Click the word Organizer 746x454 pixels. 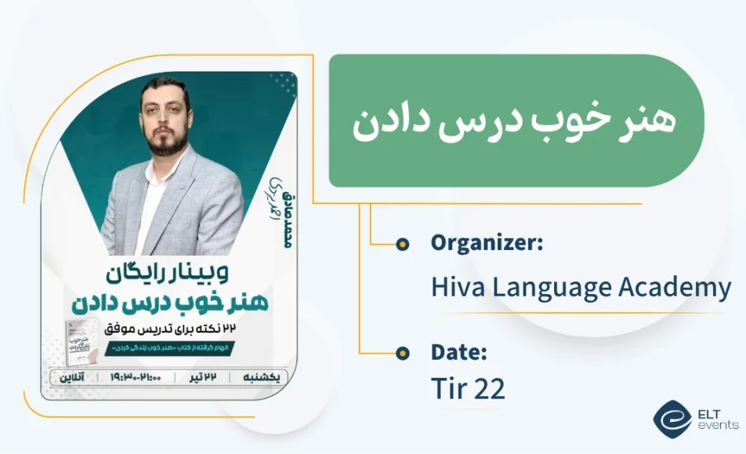(486, 243)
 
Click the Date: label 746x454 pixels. (459, 352)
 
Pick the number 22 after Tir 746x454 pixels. (489, 390)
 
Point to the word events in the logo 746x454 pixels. (718, 425)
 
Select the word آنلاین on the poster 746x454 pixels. (71, 377)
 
